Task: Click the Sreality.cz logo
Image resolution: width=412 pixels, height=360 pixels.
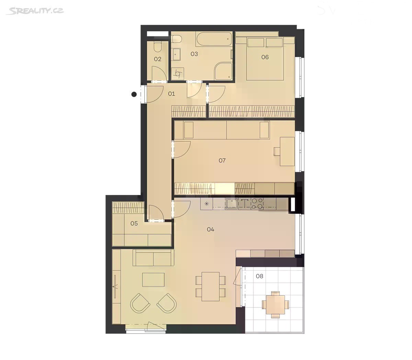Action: [35, 11]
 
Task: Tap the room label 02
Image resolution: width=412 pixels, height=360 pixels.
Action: [158, 59]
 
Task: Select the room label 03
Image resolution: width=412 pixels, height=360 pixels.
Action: [194, 54]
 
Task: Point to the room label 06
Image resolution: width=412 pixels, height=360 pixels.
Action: [265, 57]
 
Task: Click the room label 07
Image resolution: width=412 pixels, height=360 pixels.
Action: [222, 160]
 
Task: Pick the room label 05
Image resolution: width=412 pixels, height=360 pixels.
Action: [134, 223]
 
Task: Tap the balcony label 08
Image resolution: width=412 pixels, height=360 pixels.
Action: [259, 276]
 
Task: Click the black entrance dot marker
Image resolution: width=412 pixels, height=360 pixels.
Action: [134, 94]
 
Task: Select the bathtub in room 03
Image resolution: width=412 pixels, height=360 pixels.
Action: [214, 39]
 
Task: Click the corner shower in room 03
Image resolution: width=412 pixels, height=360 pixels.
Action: [223, 71]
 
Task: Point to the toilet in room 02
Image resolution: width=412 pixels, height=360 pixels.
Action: [157, 46]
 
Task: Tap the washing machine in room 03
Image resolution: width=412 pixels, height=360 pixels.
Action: [178, 73]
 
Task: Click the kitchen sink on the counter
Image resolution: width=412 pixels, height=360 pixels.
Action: [231, 204]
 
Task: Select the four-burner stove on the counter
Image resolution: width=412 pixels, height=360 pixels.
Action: [257, 204]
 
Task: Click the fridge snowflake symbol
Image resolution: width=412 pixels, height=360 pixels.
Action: [207, 204]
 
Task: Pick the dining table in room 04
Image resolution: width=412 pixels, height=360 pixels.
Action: [210, 287]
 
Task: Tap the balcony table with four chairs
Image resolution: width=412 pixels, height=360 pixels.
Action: [275, 304]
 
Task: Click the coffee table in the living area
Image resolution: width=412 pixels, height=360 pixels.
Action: [153, 279]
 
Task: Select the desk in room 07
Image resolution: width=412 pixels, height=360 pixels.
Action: [287, 152]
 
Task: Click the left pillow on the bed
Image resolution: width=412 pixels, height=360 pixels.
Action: [256, 43]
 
